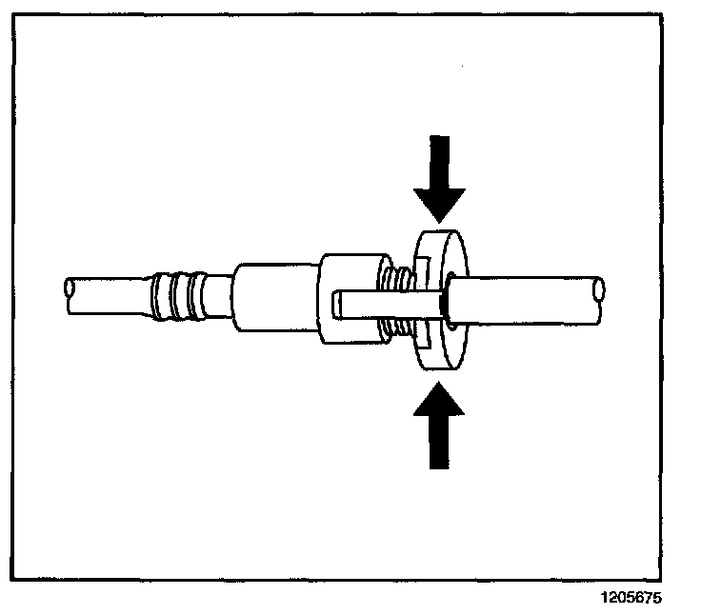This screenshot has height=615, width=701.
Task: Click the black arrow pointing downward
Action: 439,176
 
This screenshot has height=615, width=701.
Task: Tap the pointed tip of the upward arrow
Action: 439,382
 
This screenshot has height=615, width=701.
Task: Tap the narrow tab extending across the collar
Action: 381,305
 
